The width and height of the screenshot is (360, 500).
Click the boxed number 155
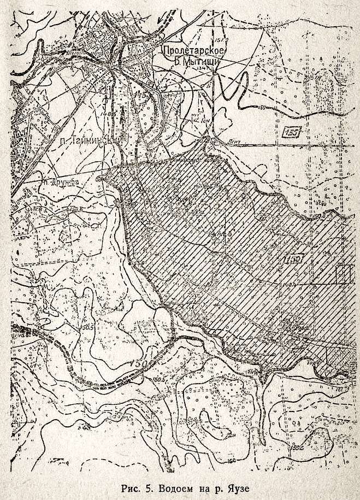(x=293, y=133)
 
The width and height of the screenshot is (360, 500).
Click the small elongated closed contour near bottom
(x=209, y=423)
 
